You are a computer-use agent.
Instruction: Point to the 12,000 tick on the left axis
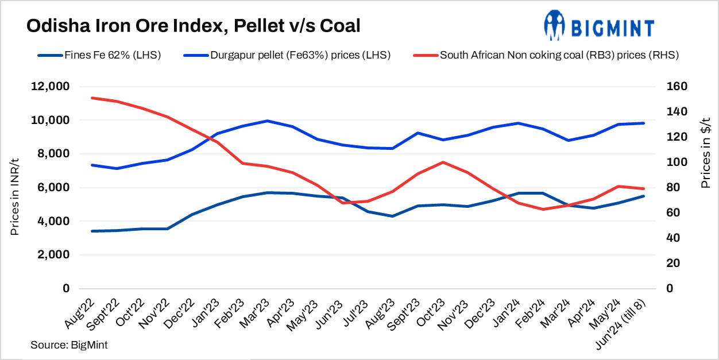[x=49, y=87]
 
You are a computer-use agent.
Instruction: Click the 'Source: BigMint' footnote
[x=69, y=345]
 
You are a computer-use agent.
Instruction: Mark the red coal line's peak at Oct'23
[x=442, y=162]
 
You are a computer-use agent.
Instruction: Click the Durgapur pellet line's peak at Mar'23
[x=266, y=121]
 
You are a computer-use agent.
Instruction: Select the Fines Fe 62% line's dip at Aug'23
[x=392, y=216]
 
